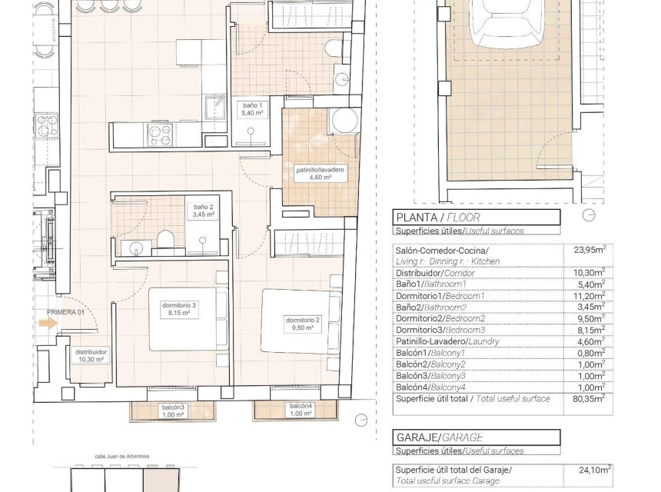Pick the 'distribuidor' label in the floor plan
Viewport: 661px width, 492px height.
90,354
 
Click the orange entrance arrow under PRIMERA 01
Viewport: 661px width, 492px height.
47,323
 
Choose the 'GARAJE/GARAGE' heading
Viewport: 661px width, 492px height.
433,437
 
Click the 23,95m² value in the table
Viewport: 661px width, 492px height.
589,249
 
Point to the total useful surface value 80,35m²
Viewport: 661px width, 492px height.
589,398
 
